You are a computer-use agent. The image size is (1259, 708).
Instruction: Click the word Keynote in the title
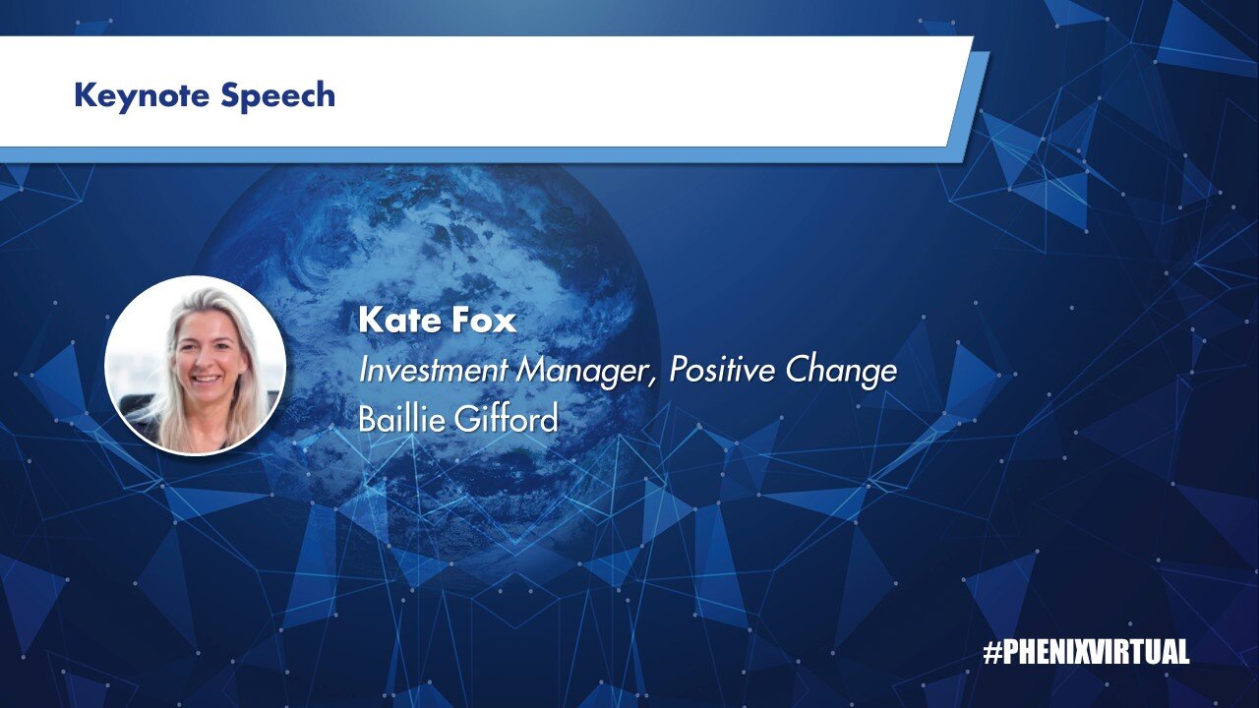click(x=141, y=96)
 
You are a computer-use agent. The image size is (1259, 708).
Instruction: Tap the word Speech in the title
click(x=277, y=95)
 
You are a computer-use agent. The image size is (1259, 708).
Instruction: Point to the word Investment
click(x=433, y=370)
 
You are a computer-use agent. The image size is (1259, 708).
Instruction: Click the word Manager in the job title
click(x=582, y=373)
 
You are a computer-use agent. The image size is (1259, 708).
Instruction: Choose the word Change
click(x=841, y=372)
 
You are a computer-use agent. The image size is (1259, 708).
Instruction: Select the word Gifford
click(x=506, y=419)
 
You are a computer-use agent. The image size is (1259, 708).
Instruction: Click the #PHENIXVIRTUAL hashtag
click(x=1086, y=652)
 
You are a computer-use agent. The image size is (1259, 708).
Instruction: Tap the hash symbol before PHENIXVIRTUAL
click(x=992, y=652)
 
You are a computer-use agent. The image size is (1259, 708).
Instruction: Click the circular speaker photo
click(x=196, y=365)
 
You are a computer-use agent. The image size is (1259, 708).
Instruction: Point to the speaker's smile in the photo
click(x=207, y=379)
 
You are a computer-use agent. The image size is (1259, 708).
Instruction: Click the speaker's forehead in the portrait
click(x=206, y=324)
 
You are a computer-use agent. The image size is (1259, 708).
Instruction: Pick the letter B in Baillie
click(x=367, y=419)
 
